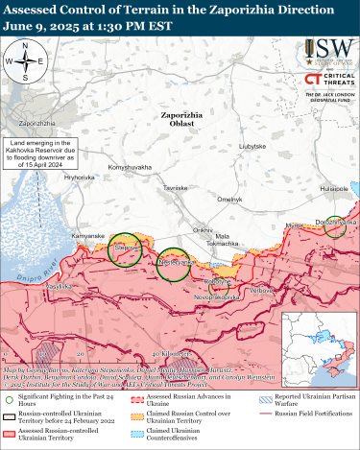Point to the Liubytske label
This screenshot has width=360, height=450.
pyautogui.click(x=252, y=145)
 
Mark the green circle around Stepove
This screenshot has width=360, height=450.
pyautogui.click(x=123, y=249)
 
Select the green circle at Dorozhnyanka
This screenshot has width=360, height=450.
pyautogui.click(x=334, y=225)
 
